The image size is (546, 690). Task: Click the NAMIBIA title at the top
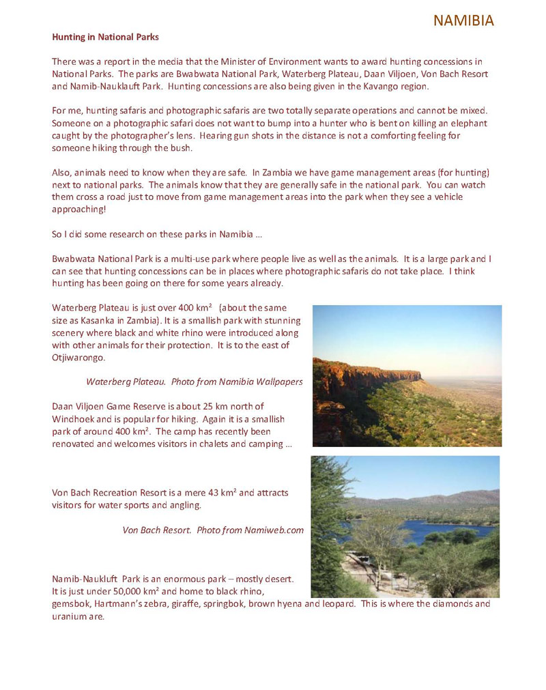pyautogui.click(x=463, y=20)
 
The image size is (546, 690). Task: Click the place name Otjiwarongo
pyautogui.click(x=78, y=357)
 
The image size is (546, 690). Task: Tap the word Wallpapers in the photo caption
pyautogui.click(x=276, y=382)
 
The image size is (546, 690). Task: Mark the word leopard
pyautogui.click(x=337, y=603)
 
